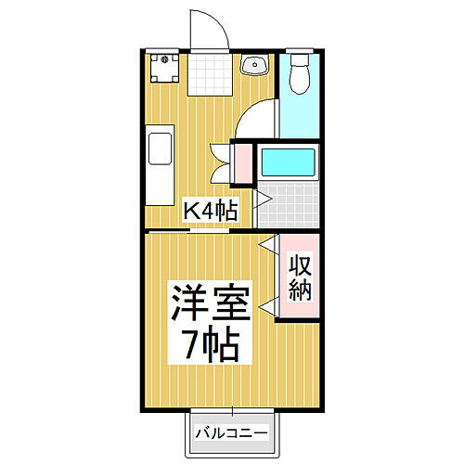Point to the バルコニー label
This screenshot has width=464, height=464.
(232, 433)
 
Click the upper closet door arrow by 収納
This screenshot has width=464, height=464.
(267, 247)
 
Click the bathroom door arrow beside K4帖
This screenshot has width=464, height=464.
(262, 199)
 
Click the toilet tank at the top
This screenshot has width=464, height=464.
(299, 59)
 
